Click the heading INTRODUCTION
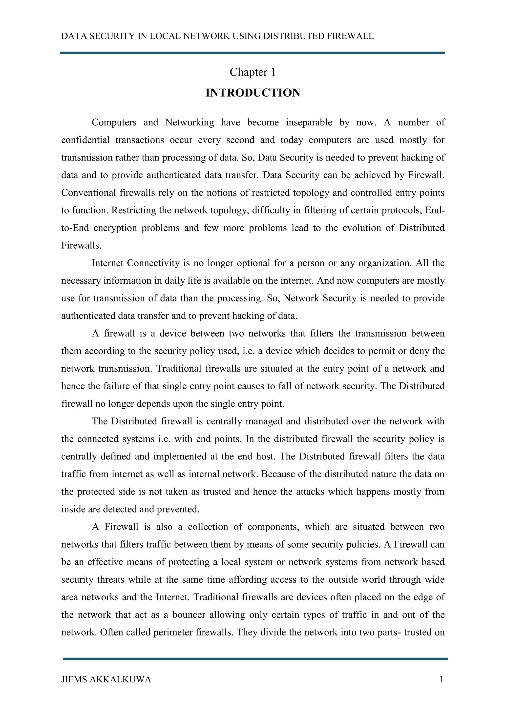click(253, 93)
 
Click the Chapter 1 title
click(253, 72)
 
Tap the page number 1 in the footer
click(441, 679)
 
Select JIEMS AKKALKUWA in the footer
click(106, 679)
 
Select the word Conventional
click(88, 193)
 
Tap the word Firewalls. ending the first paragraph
click(81, 246)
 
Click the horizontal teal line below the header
click(252, 53)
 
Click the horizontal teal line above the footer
click(255, 659)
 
